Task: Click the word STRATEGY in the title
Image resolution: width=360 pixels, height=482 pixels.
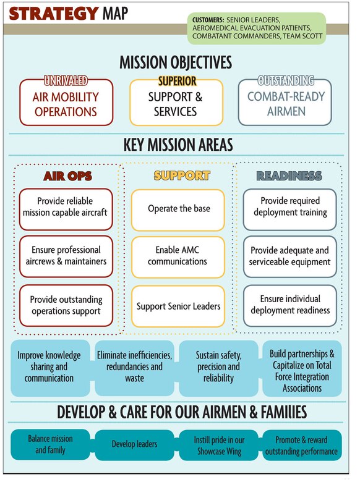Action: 54,13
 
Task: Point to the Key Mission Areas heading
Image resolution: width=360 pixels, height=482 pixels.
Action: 178,145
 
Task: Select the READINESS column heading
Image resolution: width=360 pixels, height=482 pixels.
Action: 289,176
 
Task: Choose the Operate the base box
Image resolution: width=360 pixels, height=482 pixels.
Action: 178,209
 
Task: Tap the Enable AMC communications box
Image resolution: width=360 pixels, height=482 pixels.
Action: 178,256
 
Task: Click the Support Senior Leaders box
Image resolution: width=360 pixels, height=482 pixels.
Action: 178,306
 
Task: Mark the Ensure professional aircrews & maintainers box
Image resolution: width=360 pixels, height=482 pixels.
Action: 66,256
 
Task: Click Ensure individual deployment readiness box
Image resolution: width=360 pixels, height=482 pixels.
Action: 289,305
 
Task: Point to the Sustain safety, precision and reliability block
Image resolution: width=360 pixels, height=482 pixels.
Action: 218,367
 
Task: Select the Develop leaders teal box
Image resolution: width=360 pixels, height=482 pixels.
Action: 134,444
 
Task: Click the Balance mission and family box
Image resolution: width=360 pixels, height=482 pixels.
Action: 50,444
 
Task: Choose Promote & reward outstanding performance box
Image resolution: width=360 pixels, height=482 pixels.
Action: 301,445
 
